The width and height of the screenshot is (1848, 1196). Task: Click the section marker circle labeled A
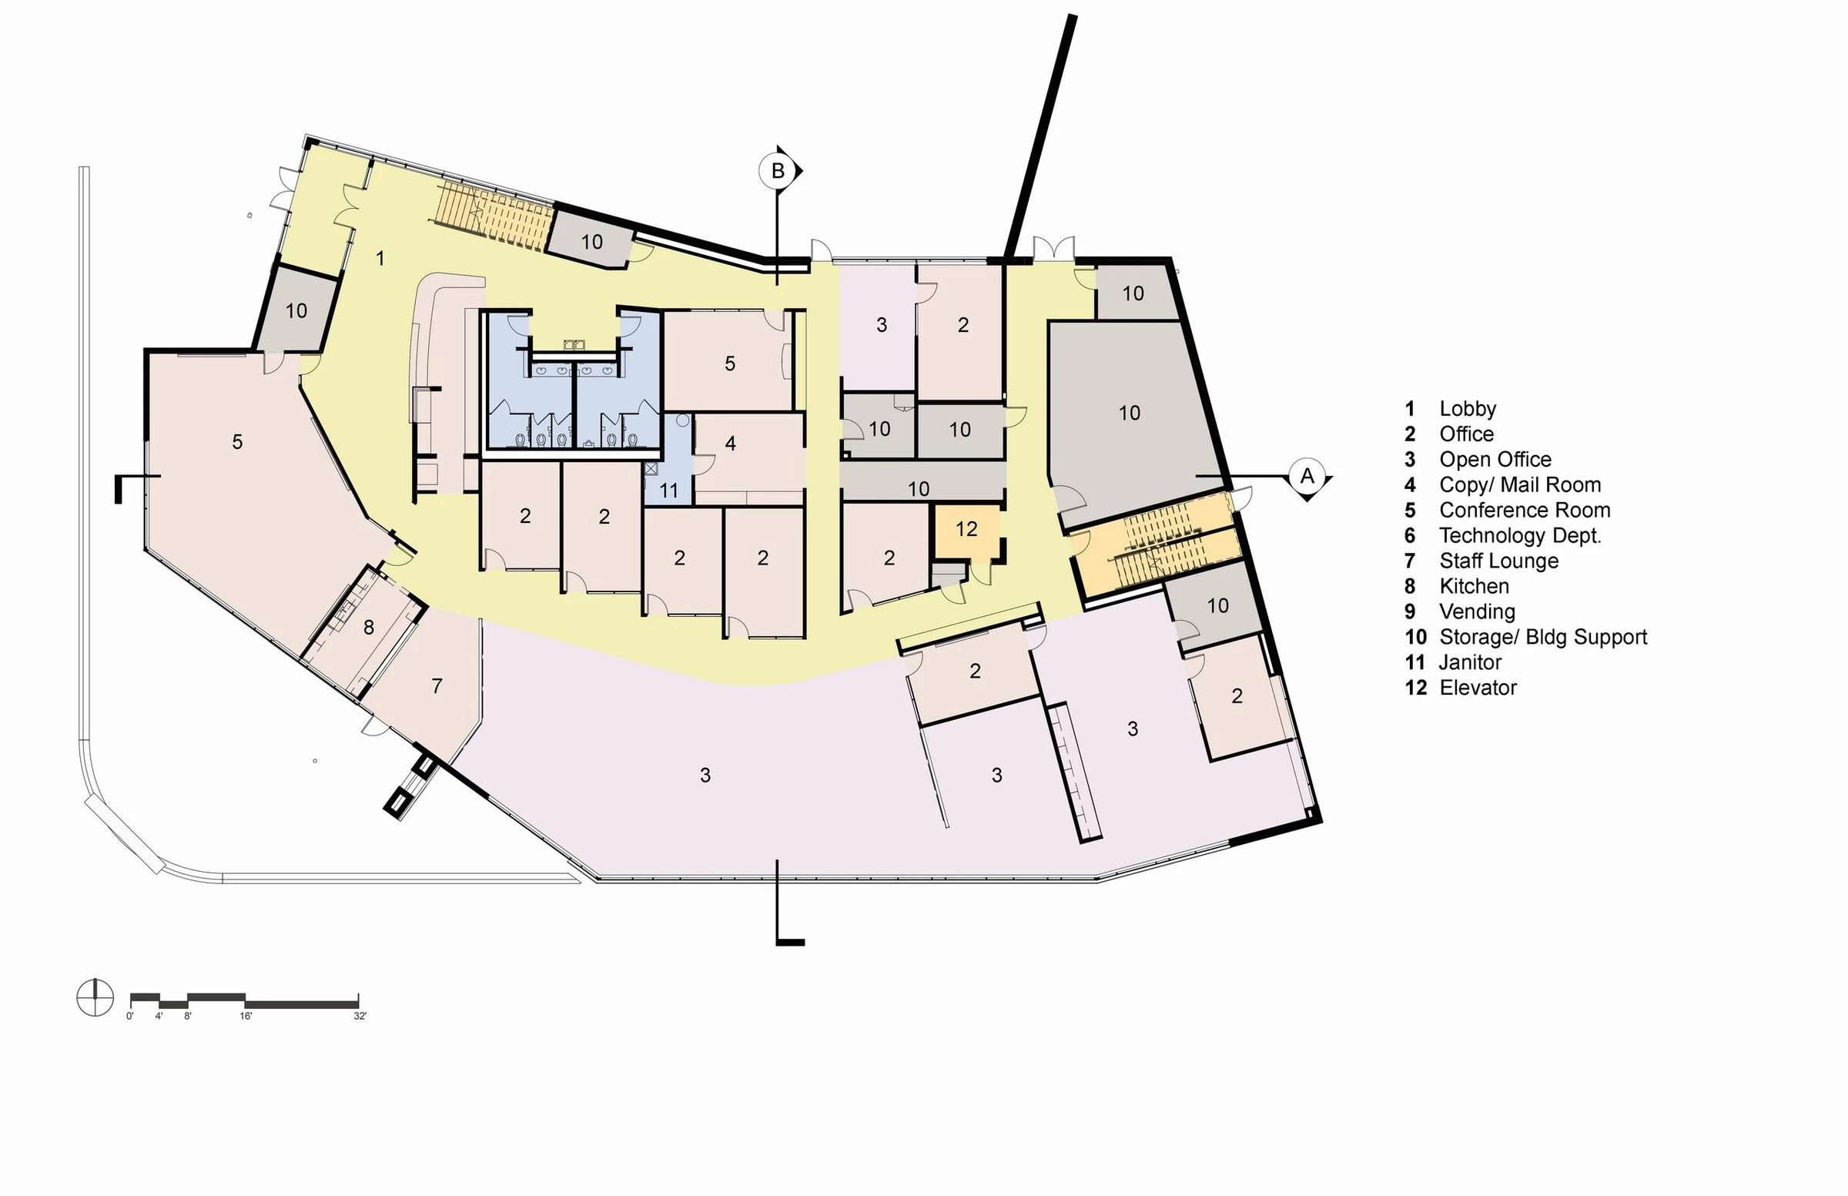point(1307,475)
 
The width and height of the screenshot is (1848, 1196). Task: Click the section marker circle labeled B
point(776,171)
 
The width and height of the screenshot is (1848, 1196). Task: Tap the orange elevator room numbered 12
point(966,530)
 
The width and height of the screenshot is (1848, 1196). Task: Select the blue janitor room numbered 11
point(668,490)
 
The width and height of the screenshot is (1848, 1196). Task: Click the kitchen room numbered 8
point(368,628)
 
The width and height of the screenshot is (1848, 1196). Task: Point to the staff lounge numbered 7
point(437,685)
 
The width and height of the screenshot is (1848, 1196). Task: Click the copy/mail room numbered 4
point(730,444)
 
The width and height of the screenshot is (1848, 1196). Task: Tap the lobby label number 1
point(380,258)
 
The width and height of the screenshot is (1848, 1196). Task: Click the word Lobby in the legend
point(1467,409)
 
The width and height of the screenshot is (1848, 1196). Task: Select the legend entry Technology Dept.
point(1518,536)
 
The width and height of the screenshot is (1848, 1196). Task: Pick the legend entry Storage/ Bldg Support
point(1542,638)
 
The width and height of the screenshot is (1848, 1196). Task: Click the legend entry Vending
point(1476,612)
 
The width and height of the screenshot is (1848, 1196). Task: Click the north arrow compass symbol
point(95,997)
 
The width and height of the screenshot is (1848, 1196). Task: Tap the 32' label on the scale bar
point(360,1017)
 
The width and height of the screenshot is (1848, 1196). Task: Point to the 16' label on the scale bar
point(246,1017)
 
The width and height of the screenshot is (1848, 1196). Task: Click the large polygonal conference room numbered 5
point(237,442)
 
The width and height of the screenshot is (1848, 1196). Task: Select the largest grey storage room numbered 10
point(1128,413)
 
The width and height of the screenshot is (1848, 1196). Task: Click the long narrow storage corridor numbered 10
point(919,488)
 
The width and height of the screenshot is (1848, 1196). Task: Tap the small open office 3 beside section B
point(881,325)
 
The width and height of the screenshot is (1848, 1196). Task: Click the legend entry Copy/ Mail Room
point(1518,485)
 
